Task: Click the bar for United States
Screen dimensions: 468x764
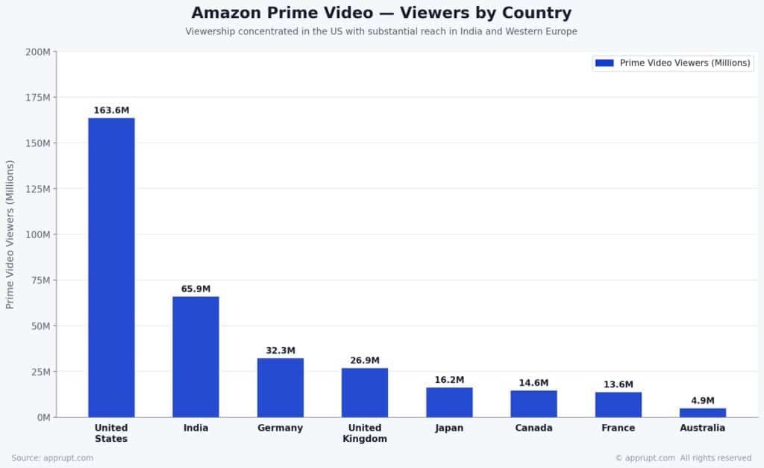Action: click(111, 267)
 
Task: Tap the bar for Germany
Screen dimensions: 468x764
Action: click(281, 387)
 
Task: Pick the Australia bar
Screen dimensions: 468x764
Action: click(702, 412)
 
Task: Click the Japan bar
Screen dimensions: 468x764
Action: click(449, 402)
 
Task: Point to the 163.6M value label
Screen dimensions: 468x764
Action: click(111, 110)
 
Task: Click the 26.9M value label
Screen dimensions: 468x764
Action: click(365, 361)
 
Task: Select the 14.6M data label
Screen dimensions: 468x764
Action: click(533, 383)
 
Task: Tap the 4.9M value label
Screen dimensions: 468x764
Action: click(702, 401)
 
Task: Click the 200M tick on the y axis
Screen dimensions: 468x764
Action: click(37, 52)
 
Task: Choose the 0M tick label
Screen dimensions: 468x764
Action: click(42, 417)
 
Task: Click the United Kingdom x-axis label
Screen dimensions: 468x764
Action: click(365, 433)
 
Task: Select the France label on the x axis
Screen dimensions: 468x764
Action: click(618, 428)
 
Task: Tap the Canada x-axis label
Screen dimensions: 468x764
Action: click(533, 428)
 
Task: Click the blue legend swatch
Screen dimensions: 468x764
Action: click(604, 63)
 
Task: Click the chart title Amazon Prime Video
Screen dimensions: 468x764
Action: click(381, 13)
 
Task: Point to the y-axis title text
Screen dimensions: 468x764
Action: click(10, 234)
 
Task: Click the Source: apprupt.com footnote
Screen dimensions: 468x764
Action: click(52, 458)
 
